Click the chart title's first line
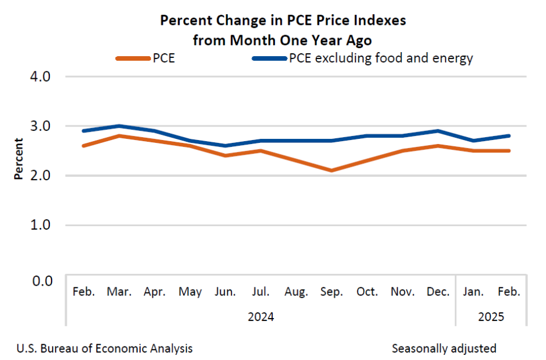283,21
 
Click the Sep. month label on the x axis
332,293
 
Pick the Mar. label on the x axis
119,293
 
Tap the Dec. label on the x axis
438,293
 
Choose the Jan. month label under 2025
473,293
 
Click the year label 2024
261,317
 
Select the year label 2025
491,317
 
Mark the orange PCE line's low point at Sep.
332,170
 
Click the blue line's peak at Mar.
119,126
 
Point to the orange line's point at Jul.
261,150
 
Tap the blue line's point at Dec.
438,131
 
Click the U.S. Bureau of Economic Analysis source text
105,348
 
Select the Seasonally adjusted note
444,348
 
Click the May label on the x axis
190,293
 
